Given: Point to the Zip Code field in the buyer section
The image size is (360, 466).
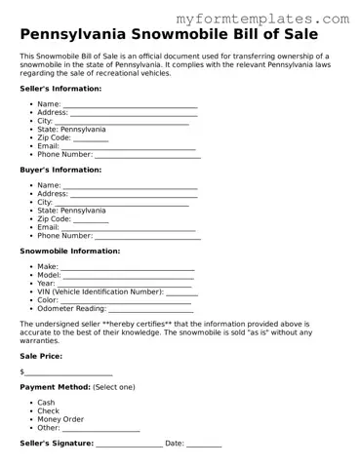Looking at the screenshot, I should pyautogui.click(x=91, y=219).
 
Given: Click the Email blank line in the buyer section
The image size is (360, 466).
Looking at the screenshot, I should pyautogui.click(x=129, y=227).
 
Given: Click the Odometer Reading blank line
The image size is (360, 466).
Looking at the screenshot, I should pyautogui.click(x=150, y=308).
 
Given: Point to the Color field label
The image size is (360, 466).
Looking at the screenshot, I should pyautogui.click(x=48, y=300).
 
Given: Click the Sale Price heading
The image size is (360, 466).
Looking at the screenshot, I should pyautogui.click(x=42, y=357).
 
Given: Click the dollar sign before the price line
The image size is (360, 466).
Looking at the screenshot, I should pyautogui.click(x=21, y=372).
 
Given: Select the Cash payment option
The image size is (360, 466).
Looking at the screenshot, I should pyautogui.click(x=47, y=403).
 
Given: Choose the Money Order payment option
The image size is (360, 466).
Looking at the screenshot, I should pyautogui.click(x=60, y=419).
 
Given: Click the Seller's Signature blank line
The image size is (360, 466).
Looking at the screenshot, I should pyautogui.click(x=129, y=444).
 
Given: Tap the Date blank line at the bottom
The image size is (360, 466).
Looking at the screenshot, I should pyautogui.click(x=204, y=444).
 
